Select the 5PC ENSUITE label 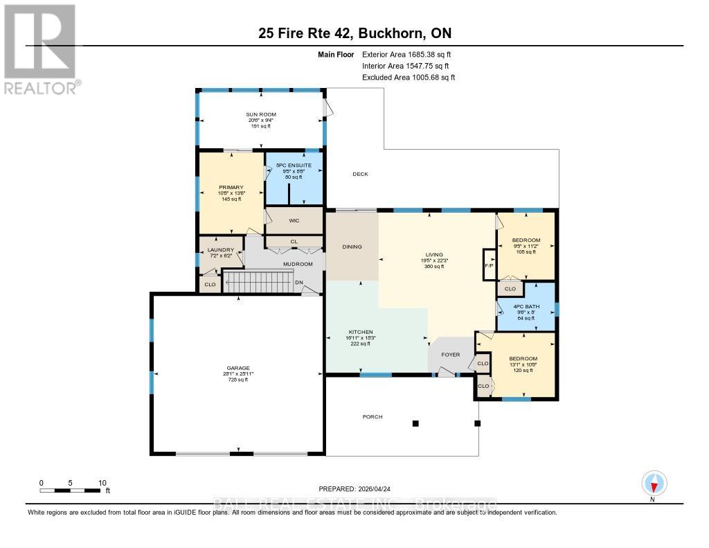(x=294, y=165)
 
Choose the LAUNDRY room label (x=222, y=249)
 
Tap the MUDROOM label (x=297, y=264)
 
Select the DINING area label (x=352, y=247)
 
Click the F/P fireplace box (x=489, y=265)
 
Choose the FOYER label (x=451, y=354)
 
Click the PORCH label (x=372, y=416)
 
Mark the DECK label (x=360, y=174)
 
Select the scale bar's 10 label (x=102, y=483)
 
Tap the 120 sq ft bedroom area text (x=528, y=371)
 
